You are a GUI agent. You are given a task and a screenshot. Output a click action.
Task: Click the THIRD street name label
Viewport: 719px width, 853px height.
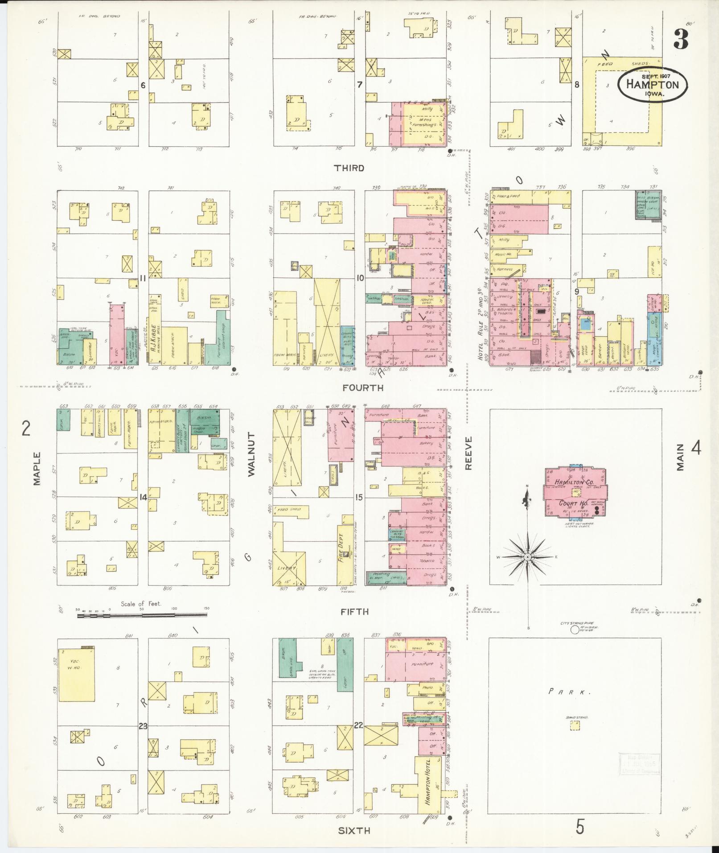click(349, 168)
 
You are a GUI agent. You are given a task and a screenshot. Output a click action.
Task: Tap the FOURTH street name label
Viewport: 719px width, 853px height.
click(362, 388)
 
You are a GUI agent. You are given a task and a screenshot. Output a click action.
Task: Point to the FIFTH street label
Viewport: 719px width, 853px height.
click(354, 612)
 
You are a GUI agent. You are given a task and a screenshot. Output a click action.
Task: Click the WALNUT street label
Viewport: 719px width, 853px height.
click(251, 454)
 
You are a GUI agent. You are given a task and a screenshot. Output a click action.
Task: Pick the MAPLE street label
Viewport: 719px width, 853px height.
click(37, 469)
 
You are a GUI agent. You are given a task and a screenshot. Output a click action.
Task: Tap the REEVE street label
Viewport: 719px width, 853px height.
click(468, 453)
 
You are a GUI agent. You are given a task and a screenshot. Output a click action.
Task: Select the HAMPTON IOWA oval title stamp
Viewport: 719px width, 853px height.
click(653, 85)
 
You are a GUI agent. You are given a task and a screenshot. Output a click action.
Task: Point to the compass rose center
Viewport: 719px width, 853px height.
click(527, 557)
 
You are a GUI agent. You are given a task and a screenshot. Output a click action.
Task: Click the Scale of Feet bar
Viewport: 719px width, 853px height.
click(142, 616)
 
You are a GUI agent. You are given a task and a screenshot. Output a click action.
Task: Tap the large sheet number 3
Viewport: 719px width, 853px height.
click(680, 39)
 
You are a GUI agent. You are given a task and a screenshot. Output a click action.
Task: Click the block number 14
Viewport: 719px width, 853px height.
click(143, 498)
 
